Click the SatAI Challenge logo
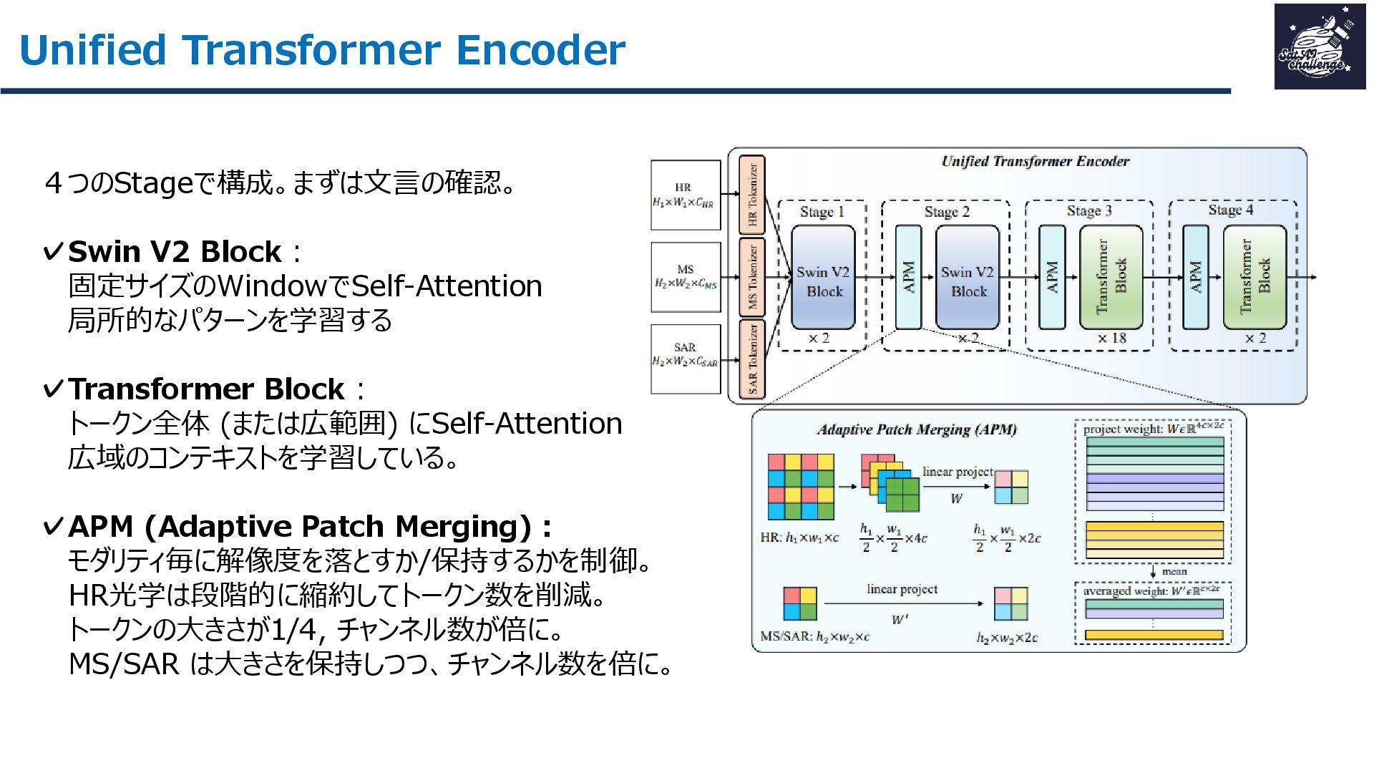tap(1319, 47)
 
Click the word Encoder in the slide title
tap(540, 50)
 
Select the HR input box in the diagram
tap(685, 195)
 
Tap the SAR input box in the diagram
tap(685, 359)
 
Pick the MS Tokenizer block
tap(752, 277)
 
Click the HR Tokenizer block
tap(752, 195)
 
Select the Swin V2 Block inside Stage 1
tap(823, 278)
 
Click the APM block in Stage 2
tap(909, 277)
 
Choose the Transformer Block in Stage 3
tap(1111, 277)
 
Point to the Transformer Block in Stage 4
tap(1254, 277)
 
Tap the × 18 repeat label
tap(1112, 338)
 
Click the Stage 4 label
tap(1230, 210)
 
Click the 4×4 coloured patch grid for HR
tap(801, 486)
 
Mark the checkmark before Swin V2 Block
tap(54, 252)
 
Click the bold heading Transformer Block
tap(206, 389)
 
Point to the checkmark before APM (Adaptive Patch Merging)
tap(54, 527)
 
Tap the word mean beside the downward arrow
tap(1174, 571)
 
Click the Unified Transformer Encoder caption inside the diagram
tap(1035, 161)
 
